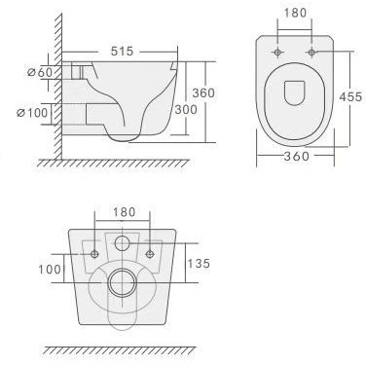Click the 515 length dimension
point(122,51)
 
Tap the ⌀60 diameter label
point(40,72)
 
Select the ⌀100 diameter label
point(32,113)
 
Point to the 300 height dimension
point(186,109)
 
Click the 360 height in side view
point(203,92)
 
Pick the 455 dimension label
point(350,96)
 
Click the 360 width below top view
point(296,156)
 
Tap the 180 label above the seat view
point(295,13)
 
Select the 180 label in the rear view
point(124,212)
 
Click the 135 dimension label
point(199,263)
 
